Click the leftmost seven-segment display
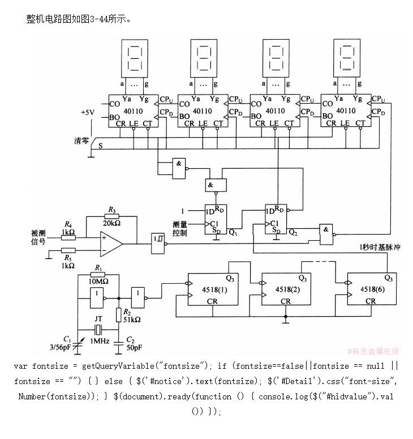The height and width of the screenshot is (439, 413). pyautogui.click(x=134, y=59)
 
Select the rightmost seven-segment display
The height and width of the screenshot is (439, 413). pyautogui.click(x=346, y=59)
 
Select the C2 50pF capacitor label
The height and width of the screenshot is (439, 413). pyautogui.click(x=132, y=343)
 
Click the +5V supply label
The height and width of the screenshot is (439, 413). pyautogui.click(x=87, y=112)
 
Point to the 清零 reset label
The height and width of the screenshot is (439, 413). pyautogui.click(x=81, y=140)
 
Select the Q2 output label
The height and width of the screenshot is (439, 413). pyautogui.click(x=292, y=232)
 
